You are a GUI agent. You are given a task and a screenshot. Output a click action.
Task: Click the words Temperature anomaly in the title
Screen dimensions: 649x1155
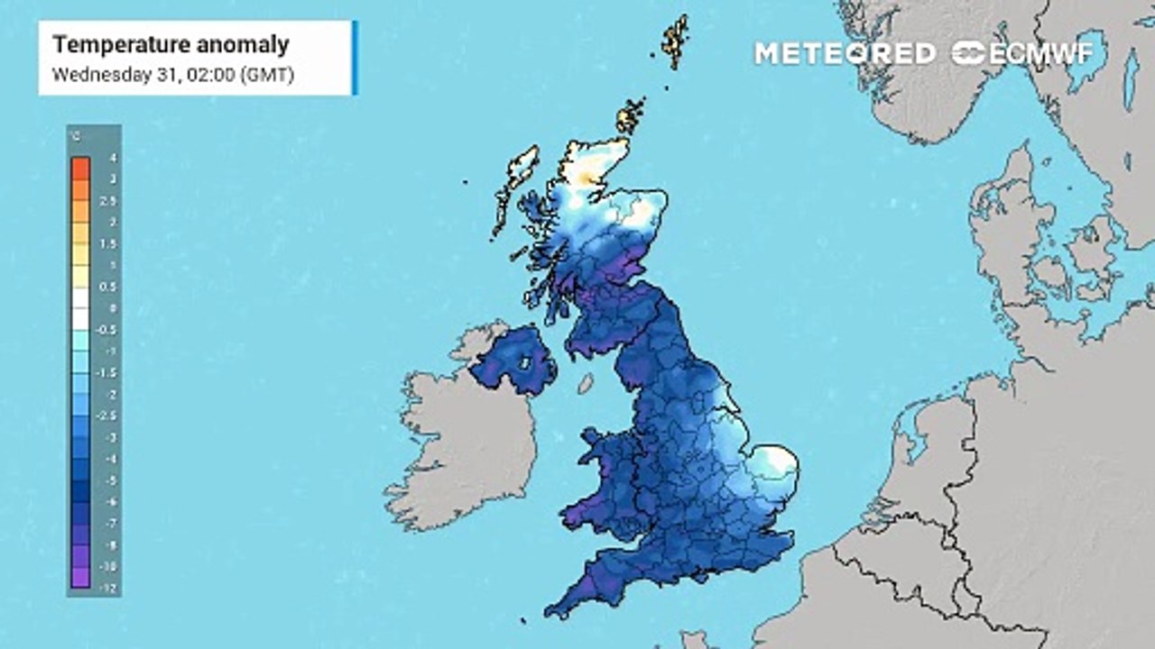coord(171,44)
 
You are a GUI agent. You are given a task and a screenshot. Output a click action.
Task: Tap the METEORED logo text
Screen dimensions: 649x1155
coord(845,53)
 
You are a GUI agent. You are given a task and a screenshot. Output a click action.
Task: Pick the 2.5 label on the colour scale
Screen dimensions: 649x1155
coord(113,201)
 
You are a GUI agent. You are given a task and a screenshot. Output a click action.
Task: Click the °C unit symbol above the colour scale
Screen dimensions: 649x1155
coord(75,136)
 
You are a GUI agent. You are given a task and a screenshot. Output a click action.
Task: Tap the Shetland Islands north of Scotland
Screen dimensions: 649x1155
coord(674,41)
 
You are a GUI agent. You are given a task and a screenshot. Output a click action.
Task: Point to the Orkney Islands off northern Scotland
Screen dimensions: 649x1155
coord(631,116)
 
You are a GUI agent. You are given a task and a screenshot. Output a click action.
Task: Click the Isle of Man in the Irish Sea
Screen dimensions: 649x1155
coord(585,383)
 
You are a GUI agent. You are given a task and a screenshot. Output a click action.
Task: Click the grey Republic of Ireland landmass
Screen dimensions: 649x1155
coord(460,442)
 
